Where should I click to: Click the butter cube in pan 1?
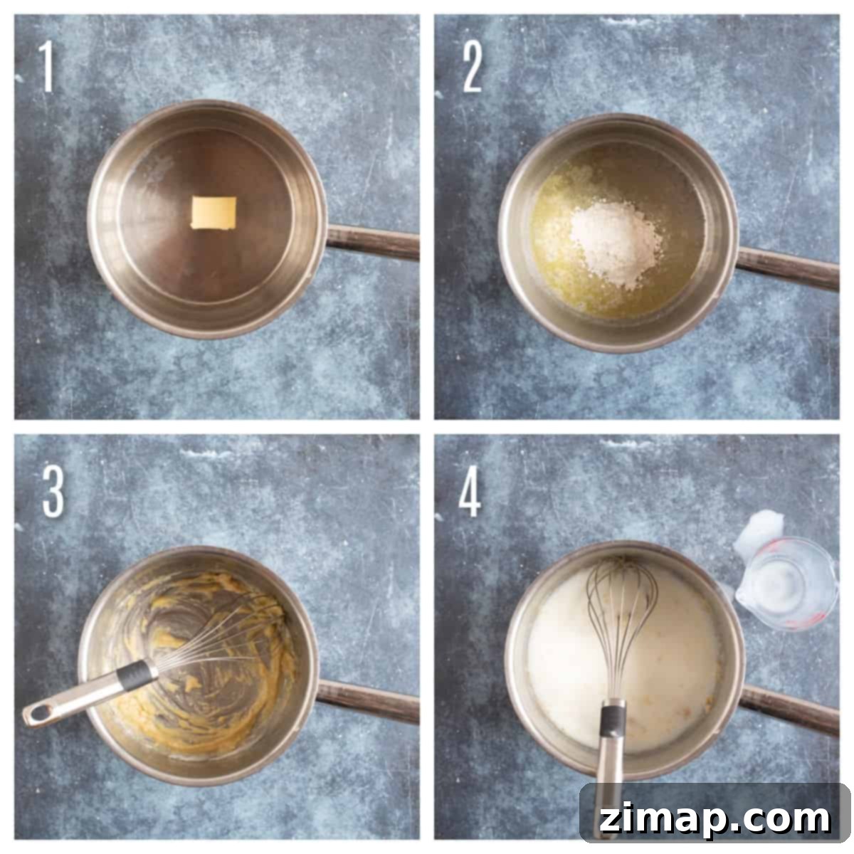(213, 213)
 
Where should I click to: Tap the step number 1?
(46, 66)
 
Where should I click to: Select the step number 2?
(472, 67)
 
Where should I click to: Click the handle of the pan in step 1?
(373, 242)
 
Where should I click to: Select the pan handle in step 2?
(788, 268)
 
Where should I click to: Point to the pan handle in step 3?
(368, 702)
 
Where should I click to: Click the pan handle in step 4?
(789, 710)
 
